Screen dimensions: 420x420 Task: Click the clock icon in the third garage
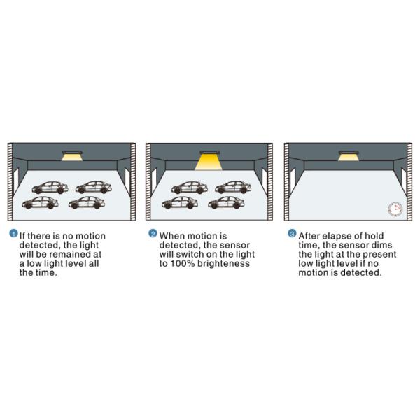click(395, 209)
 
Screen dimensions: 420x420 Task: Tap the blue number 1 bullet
click(13, 233)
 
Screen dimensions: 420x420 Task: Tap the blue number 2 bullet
click(153, 233)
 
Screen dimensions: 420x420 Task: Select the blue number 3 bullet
click(292, 233)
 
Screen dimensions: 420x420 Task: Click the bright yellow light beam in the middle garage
click(209, 162)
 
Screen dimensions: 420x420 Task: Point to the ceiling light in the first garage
click(72, 155)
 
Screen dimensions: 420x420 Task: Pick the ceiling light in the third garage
click(349, 155)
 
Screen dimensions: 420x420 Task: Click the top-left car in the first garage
click(50, 188)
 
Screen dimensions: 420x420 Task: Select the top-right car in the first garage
click(94, 187)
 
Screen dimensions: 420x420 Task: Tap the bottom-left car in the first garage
click(40, 203)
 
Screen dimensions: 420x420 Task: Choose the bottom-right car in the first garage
click(87, 202)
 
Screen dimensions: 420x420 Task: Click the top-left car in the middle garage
click(190, 188)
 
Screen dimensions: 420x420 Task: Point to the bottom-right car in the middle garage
click(226, 202)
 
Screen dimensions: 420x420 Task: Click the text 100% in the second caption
click(183, 264)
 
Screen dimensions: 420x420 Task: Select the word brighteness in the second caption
click(224, 264)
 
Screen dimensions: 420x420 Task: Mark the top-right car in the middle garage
click(233, 187)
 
